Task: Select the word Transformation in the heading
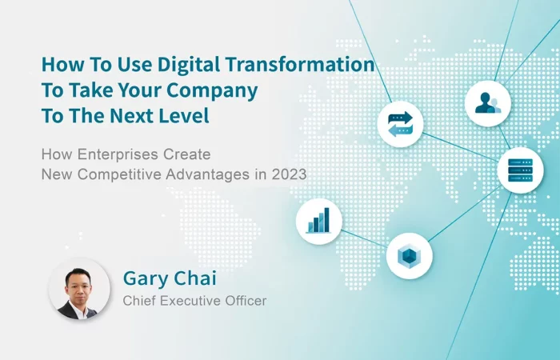point(300,64)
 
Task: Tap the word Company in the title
point(212,90)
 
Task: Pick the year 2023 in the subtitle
point(289,174)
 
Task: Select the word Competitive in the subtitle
point(120,174)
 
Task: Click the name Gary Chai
point(170,278)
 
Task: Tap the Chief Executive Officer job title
point(194,301)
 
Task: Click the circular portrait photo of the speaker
point(79,289)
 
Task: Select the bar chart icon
point(319,222)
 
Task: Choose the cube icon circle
point(410,256)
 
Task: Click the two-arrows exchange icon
point(400,124)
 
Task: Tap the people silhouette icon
point(488,103)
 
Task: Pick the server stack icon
point(520,170)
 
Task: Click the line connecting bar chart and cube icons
point(364,238)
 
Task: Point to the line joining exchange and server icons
point(460,146)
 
